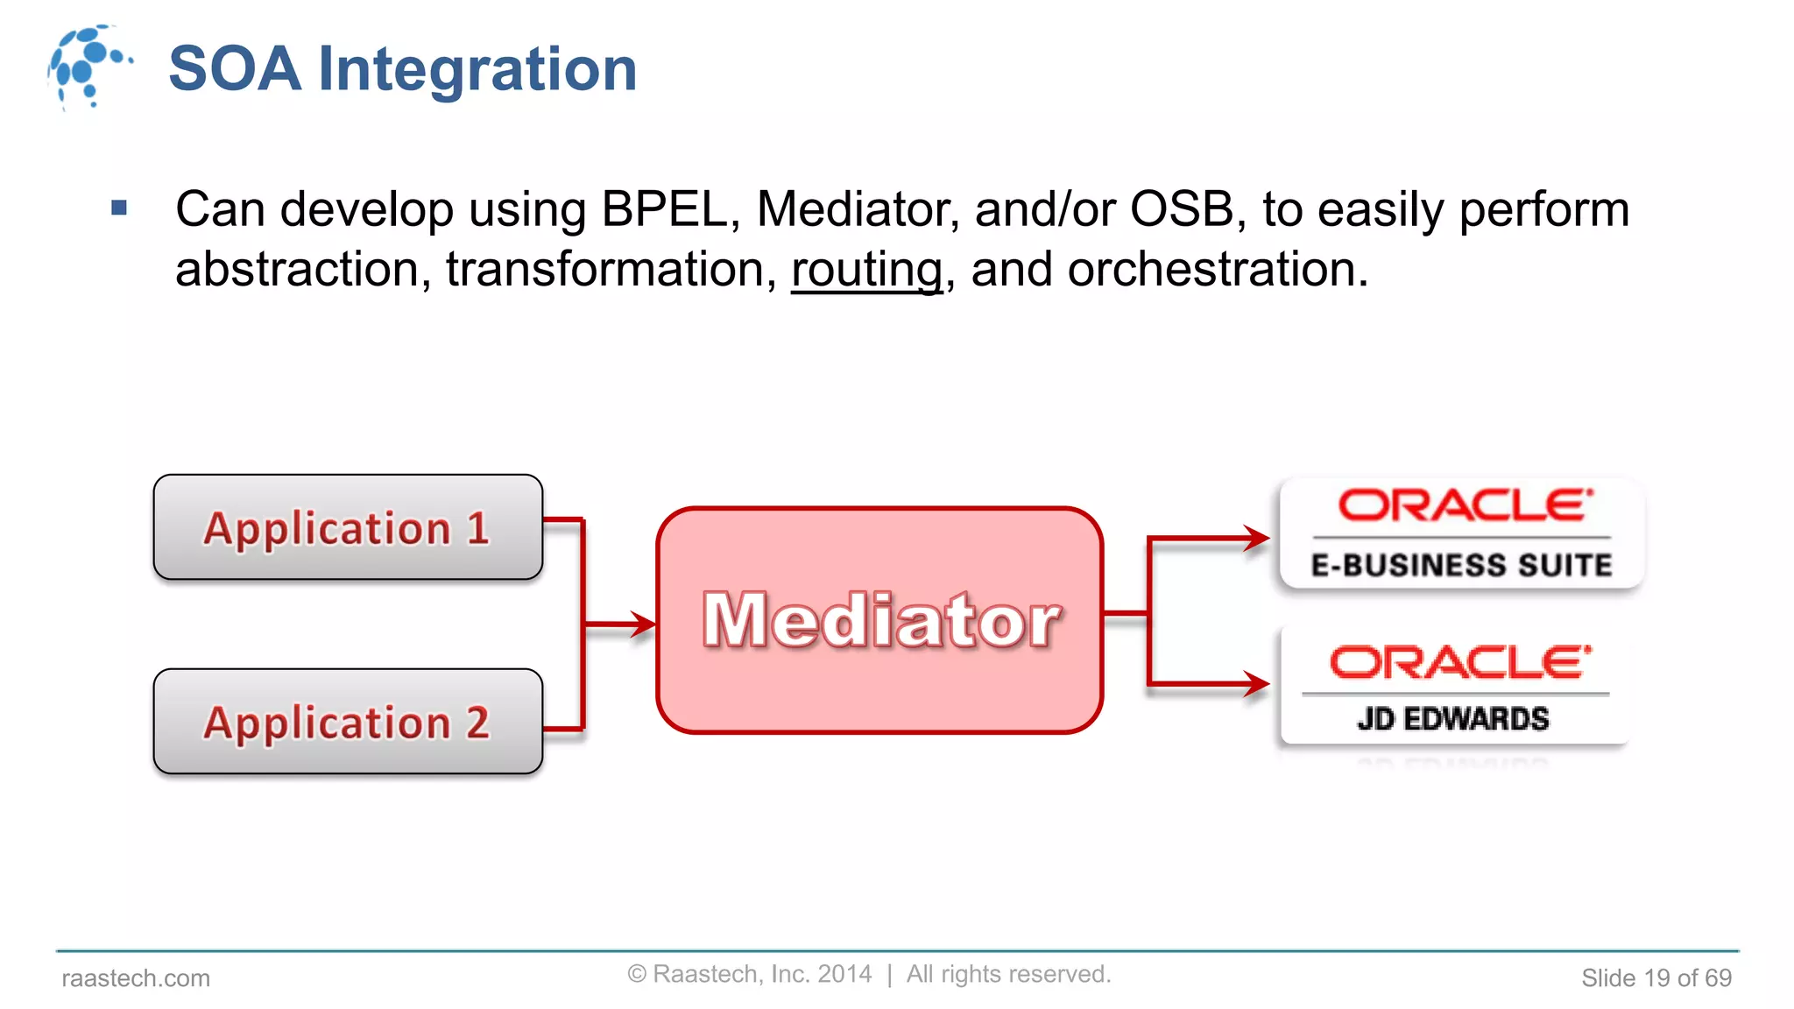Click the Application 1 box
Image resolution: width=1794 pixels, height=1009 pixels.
[x=348, y=527]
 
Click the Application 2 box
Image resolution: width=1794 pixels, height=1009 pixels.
[x=348, y=722]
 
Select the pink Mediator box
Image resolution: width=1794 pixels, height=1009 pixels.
[x=879, y=620]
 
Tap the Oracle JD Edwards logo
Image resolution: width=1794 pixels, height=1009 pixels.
[x=1454, y=687]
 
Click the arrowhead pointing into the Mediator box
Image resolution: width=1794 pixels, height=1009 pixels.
[x=644, y=624]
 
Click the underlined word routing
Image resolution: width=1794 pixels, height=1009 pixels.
[x=866, y=269]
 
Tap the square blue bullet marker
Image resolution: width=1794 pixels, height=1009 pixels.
[x=120, y=208]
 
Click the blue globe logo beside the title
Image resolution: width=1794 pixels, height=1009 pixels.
[x=88, y=67]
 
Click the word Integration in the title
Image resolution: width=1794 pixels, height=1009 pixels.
[x=477, y=69]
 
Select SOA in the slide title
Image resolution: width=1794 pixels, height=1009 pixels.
[x=235, y=69]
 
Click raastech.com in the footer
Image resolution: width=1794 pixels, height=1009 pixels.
[x=136, y=977]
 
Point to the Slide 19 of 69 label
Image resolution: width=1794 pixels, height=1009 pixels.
[x=1656, y=977]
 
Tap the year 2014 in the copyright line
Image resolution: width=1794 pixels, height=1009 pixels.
[x=844, y=974]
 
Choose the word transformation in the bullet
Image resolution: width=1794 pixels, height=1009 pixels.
[x=611, y=269]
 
